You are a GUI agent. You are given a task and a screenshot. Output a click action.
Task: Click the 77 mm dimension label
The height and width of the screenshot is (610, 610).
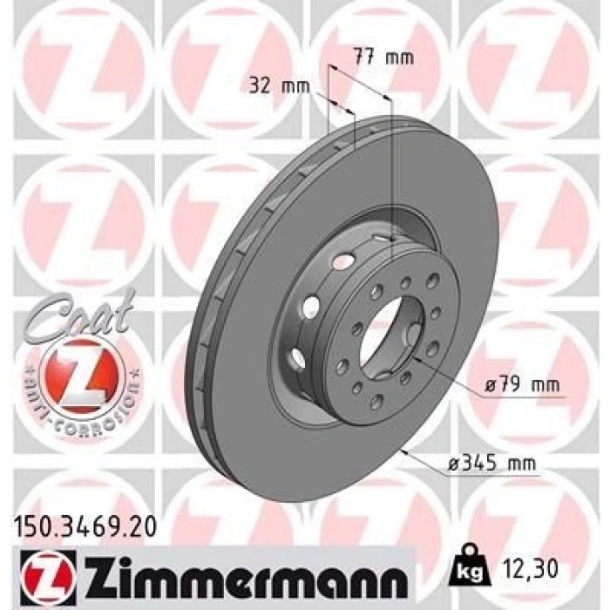coord(383,58)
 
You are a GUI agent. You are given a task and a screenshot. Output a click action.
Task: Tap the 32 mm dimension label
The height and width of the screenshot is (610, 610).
coord(280,86)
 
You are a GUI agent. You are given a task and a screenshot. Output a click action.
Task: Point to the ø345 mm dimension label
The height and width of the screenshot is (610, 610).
coord(491,464)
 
